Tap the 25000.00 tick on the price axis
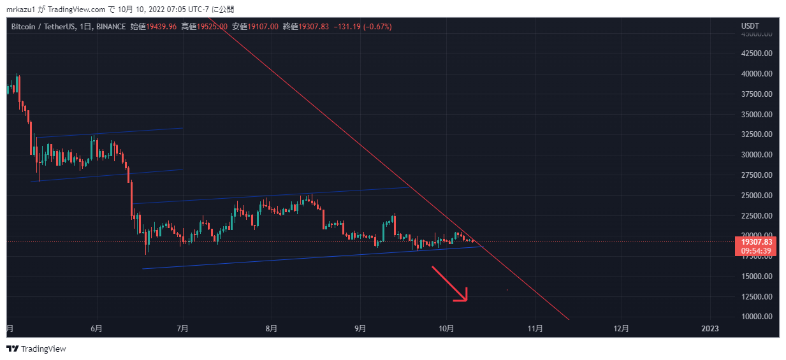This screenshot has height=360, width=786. click(757, 195)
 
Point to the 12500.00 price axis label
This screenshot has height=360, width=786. click(757, 296)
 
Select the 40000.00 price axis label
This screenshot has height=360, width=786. click(757, 74)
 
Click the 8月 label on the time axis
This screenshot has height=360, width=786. click(272, 329)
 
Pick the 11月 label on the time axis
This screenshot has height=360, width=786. click(535, 329)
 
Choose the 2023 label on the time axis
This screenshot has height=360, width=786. click(710, 329)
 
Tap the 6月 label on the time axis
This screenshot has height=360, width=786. click(97, 329)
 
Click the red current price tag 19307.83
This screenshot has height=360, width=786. click(757, 242)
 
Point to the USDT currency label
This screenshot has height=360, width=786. click(750, 26)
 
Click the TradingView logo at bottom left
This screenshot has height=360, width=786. click(36, 349)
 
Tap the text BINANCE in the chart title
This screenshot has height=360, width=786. click(111, 27)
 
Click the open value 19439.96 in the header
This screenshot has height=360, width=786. click(163, 27)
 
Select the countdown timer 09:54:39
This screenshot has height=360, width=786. click(757, 250)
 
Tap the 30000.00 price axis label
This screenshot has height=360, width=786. click(757, 155)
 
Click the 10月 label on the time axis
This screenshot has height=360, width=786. click(446, 329)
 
